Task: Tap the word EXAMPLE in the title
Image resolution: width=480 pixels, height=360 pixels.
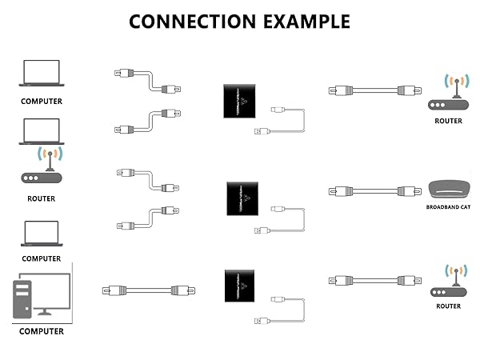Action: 303,22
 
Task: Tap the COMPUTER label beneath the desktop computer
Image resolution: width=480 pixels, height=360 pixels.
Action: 41,331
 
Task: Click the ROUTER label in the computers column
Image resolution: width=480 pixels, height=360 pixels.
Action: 41,198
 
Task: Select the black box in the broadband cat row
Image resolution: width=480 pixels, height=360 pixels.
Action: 243,196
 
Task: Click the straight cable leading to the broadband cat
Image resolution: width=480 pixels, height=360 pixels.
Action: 374,191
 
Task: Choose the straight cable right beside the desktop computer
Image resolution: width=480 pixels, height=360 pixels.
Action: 145,290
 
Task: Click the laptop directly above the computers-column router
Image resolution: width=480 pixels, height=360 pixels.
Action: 41,132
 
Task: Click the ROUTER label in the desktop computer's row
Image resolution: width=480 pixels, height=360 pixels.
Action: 448,306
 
